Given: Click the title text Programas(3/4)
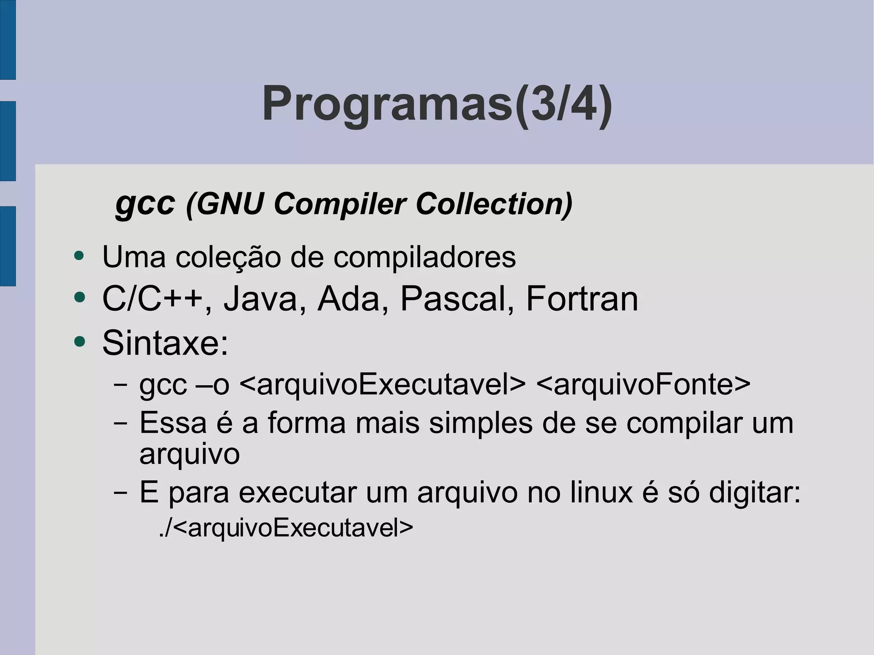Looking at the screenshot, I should tap(437, 104).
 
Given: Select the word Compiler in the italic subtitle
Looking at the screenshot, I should tap(339, 204).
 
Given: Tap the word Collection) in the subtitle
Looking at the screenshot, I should tap(494, 204).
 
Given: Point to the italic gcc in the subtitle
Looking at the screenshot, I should tap(145, 204).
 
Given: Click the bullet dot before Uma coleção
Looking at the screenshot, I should tap(79, 256).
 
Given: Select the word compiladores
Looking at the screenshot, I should tap(424, 257).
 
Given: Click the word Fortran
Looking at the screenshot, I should tap(582, 299).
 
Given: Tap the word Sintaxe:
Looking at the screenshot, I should tap(166, 343).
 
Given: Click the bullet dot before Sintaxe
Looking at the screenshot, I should tap(79, 341).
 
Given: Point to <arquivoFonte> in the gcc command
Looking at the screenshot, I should tap(643, 384).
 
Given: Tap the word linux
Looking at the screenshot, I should tap(601, 492).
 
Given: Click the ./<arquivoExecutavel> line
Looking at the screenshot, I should tap(286, 528).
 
